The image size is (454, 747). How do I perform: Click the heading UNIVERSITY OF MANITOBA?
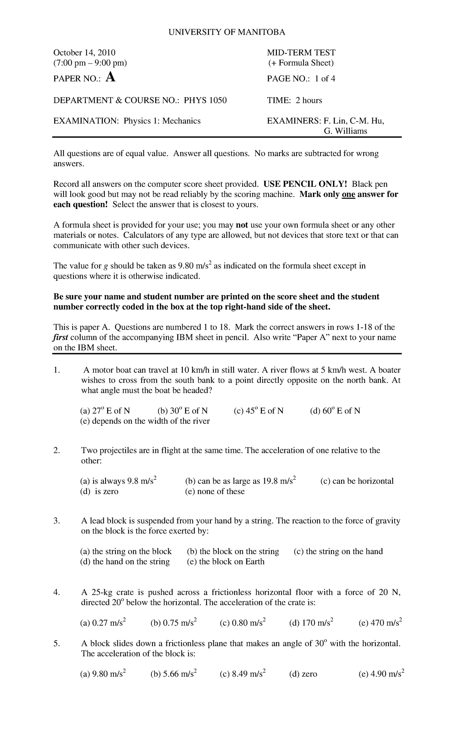click(227, 32)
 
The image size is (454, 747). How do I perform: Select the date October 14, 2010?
click(84, 53)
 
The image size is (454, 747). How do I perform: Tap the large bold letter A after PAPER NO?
click(110, 77)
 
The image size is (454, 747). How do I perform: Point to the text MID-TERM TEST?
click(301, 53)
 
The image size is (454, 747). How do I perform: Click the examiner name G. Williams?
click(345, 131)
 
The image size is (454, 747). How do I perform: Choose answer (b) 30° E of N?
click(182, 411)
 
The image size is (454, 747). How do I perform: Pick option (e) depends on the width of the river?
click(145, 421)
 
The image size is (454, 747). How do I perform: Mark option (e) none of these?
click(215, 491)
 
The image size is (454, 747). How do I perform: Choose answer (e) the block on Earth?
click(225, 561)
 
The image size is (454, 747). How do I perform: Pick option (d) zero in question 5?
click(303, 674)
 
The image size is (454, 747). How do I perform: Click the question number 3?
click(57, 521)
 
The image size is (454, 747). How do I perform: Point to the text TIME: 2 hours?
click(294, 100)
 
